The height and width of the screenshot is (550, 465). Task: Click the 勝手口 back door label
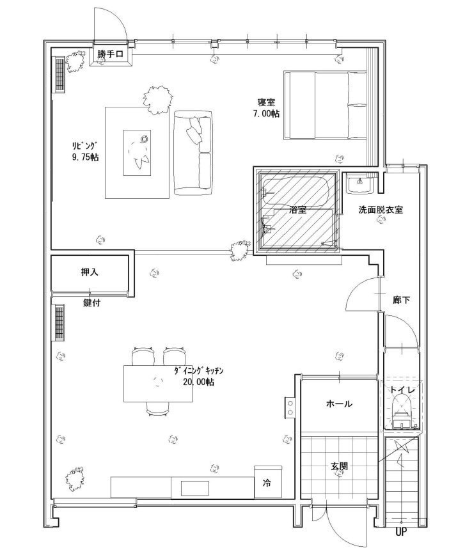(110, 54)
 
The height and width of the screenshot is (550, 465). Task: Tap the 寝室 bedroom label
(266, 103)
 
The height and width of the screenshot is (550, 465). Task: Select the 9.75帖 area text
(85, 157)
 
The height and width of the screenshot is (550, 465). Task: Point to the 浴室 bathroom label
(297, 210)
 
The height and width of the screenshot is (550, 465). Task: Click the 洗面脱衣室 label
(380, 210)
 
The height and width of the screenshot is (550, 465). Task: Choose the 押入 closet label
(90, 272)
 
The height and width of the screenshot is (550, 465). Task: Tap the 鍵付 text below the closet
(92, 302)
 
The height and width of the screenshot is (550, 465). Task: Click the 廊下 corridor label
(402, 300)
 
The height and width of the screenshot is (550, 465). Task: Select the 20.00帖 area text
(198, 382)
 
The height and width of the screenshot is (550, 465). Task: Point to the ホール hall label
(339, 404)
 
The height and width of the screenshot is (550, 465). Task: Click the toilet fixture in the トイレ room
(402, 411)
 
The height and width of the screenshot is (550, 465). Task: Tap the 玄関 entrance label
(339, 466)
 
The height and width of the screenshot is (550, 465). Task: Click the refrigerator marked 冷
(268, 482)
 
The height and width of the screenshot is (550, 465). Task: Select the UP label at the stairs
(401, 532)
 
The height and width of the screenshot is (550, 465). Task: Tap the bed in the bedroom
(325, 105)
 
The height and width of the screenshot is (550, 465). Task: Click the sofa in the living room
(193, 153)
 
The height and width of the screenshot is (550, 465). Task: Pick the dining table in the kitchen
(158, 384)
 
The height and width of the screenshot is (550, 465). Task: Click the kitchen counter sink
(195, 488)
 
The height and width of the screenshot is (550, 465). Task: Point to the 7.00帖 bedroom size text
(267, 114)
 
